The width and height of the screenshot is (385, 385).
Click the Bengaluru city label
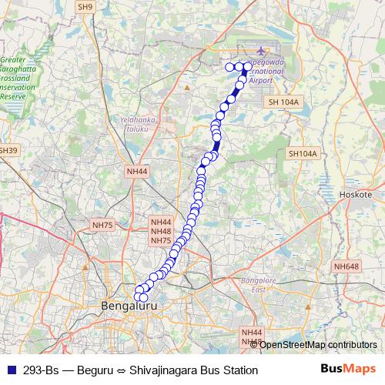pos(129,306)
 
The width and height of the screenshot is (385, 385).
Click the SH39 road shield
pos(8,150)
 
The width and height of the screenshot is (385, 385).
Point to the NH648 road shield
pos(346,266)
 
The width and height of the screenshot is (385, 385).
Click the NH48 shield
pos(160,231)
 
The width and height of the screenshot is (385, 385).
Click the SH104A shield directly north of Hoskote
pos(303,154)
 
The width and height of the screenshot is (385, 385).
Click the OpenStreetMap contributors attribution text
pos(318,345)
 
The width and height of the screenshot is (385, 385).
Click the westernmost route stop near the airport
pos(229,67)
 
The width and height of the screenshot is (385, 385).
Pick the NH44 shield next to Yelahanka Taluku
pos(137,171)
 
